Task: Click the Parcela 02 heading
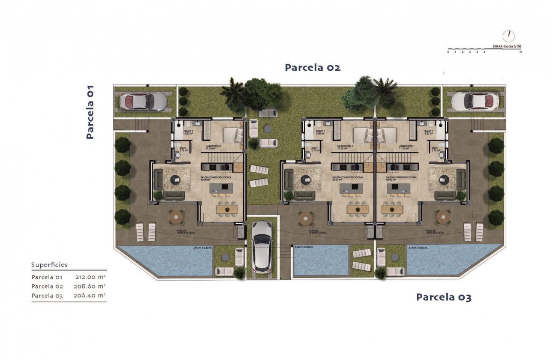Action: click(x=313, y=67)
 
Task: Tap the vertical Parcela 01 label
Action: click(x=90, y=111)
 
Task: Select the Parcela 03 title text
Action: click(x=444, y=297)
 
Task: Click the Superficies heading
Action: click(x=49, y=265)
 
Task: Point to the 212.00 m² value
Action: click(x=90, y=277)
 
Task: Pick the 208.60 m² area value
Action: click(x=90, y=286)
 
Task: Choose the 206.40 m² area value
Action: click(x=90, y=295)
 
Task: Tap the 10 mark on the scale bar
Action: click(x=520, y=52)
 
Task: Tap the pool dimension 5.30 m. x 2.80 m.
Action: click(x=304, y=247)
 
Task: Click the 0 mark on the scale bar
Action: click(x=448, y=52)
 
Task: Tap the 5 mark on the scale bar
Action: click(x=484, y=52)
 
